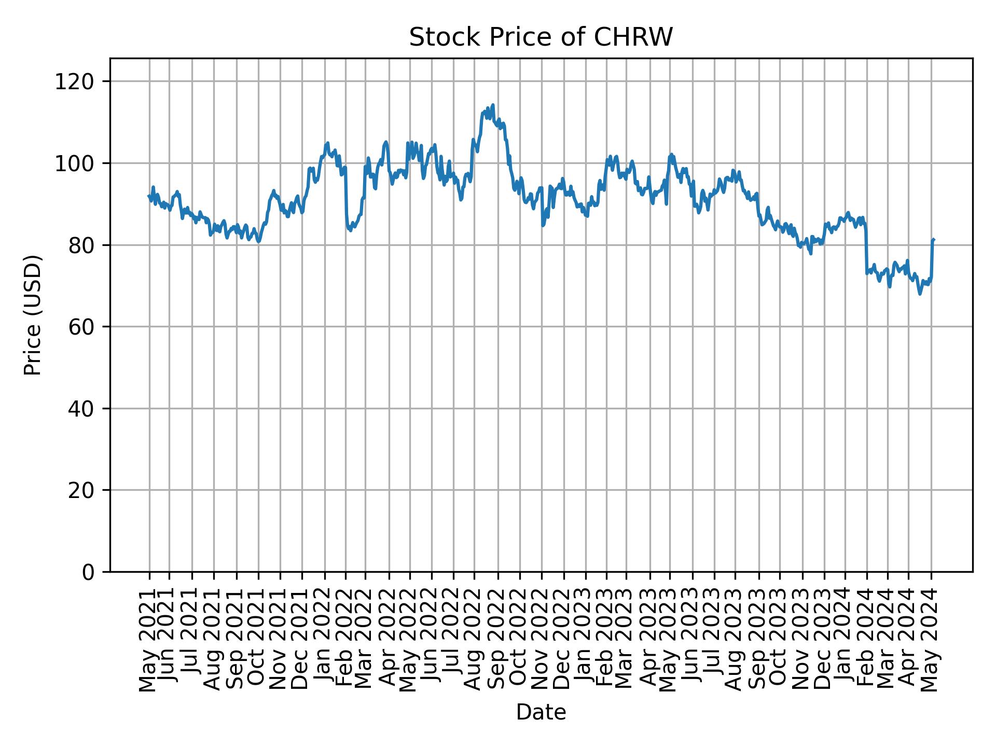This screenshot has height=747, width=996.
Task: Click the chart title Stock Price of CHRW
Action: (x=541, y=38)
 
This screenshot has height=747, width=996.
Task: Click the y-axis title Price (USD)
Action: (x=33, y=315)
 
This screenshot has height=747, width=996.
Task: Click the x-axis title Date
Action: (x=541, y=713)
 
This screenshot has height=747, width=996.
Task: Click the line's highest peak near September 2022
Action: (x=493, y=105)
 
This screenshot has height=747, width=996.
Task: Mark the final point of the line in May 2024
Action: (x=933, y=240)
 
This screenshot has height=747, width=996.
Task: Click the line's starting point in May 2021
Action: (x=149, y=196)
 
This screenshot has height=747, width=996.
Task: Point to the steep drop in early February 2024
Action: (x=866, y=249)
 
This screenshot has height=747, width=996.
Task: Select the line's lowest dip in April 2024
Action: (x=920, y=294)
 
